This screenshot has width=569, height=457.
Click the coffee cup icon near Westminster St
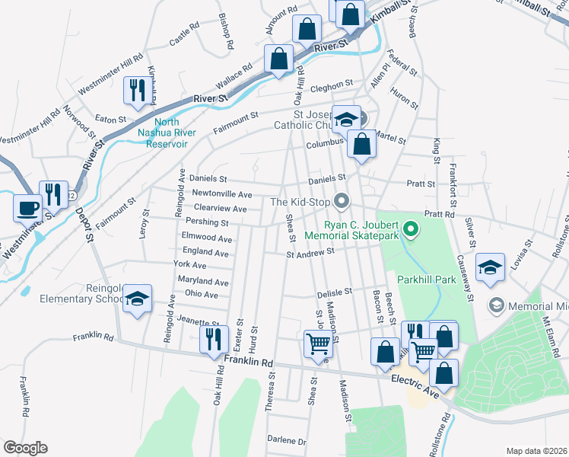tap(29, 206)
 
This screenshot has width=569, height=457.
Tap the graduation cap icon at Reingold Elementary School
tap(137, 299)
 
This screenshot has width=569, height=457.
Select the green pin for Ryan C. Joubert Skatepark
tap(412, 228)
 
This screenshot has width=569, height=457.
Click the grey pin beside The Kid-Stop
tap(342, 202)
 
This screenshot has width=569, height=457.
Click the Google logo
tap(25, 448)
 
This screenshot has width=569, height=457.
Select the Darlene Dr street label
tap(287, 441)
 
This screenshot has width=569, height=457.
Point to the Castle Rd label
tap(184, 33)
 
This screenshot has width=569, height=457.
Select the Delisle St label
tap(335, 291)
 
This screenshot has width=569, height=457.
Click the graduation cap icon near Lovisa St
tap(490, 267)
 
